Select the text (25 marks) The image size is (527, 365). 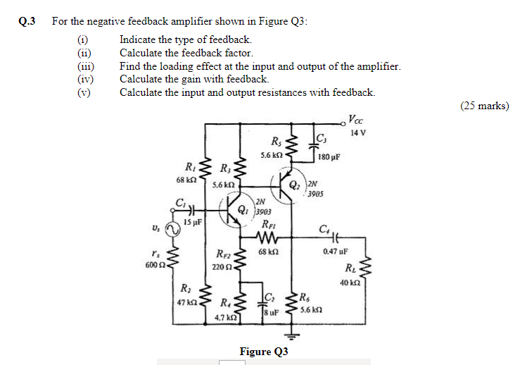click(x=485, y=106)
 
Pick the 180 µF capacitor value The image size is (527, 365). click(x=329, y=156)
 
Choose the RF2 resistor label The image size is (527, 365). click(x=224, y=255)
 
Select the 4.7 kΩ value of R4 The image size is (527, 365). click(x=227, y=318)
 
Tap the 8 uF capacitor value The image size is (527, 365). click(x=272, y=311)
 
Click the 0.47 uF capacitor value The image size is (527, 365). click(x=334, y=251)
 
